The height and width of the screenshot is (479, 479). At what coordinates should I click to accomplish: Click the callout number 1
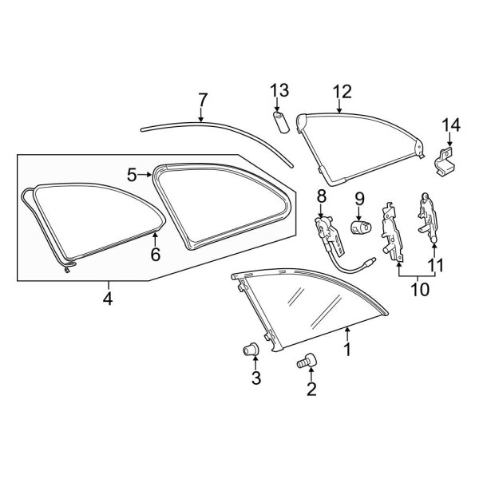346,349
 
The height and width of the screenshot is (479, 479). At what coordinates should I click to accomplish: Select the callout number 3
256,378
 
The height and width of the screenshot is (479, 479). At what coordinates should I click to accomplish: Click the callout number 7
203,101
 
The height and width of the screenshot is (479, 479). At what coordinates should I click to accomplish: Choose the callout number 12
342,92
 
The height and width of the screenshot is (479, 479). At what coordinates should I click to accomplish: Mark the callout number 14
451,125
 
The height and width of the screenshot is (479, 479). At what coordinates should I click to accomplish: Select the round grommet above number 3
253,349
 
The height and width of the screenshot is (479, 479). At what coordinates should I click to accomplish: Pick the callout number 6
156,255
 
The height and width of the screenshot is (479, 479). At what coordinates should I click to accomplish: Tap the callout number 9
359,196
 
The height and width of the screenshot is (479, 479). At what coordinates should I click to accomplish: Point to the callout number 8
322,196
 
